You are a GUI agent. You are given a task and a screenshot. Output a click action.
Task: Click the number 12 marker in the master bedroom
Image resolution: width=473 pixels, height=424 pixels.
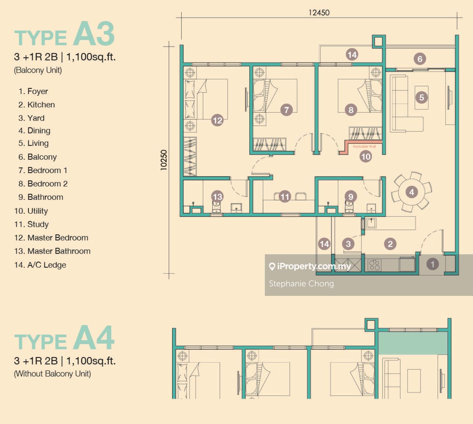(217, 120)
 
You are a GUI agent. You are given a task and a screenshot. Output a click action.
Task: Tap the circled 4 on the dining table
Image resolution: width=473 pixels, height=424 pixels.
(412, 192)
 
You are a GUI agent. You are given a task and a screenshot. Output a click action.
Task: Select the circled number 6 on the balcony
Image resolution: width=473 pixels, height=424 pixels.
(420, 59)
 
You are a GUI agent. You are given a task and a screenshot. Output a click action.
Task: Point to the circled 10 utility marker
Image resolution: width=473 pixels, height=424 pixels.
(366, 156)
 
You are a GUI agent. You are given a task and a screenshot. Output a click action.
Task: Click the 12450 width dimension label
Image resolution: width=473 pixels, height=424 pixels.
(319, 12)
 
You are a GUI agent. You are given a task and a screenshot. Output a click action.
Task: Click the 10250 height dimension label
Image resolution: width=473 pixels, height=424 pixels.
(164, 160)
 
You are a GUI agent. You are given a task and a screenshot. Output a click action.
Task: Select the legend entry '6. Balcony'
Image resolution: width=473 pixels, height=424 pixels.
(37, 157)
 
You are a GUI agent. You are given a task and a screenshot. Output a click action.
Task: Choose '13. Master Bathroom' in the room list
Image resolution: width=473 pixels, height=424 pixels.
(52, 251)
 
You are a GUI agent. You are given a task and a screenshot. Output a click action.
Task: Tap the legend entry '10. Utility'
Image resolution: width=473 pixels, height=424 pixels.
(31, 211)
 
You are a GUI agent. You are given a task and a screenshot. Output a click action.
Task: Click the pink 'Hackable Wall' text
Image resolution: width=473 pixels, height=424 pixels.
(364, 147)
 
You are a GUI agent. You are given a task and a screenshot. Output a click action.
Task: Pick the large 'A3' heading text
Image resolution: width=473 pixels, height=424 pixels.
(94, 34)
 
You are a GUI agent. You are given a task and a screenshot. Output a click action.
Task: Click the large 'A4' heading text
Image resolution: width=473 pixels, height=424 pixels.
(94, 338)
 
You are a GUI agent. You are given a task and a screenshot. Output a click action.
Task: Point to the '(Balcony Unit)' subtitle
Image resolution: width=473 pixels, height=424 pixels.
(38, 70)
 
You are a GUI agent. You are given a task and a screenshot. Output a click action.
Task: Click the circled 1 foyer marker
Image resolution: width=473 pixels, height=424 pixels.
(432, 264)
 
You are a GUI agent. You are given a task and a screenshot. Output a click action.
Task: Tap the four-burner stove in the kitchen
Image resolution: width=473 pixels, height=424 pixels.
(374, 265)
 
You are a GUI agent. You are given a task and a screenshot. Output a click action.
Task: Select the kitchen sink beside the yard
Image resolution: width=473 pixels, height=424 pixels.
(371, 223)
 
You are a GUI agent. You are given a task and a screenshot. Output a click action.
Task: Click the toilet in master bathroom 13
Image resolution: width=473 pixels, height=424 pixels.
(216, 207)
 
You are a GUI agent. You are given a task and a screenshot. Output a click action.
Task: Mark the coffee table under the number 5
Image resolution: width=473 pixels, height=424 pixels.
(421, 98)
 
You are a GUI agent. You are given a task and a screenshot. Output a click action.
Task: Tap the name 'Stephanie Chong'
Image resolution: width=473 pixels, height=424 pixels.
(301, 284)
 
